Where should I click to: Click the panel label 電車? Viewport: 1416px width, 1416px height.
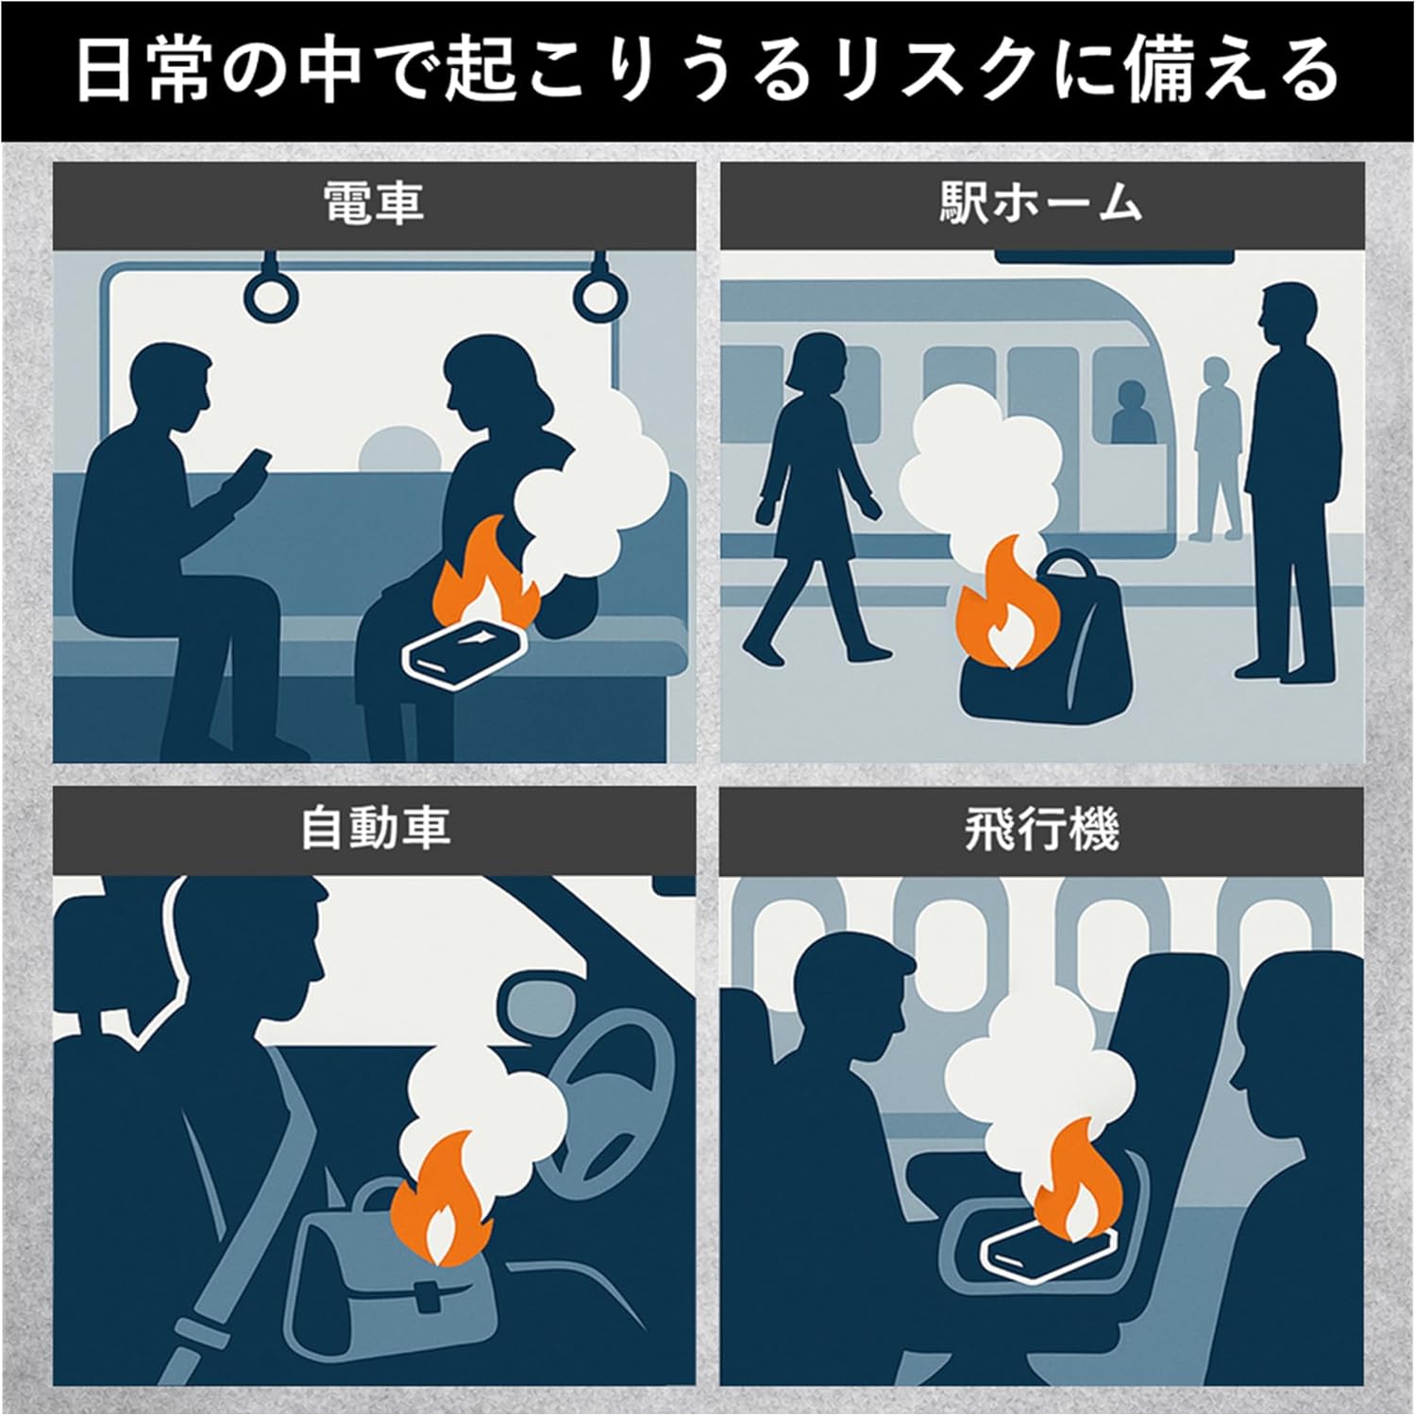click(x=374, y=204)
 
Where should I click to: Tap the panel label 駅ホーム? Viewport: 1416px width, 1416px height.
click(x=1041, y=204)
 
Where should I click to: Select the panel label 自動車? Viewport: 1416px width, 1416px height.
click(x=374, y=828)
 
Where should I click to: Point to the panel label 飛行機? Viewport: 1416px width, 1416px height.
click(x=1041, y=828)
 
